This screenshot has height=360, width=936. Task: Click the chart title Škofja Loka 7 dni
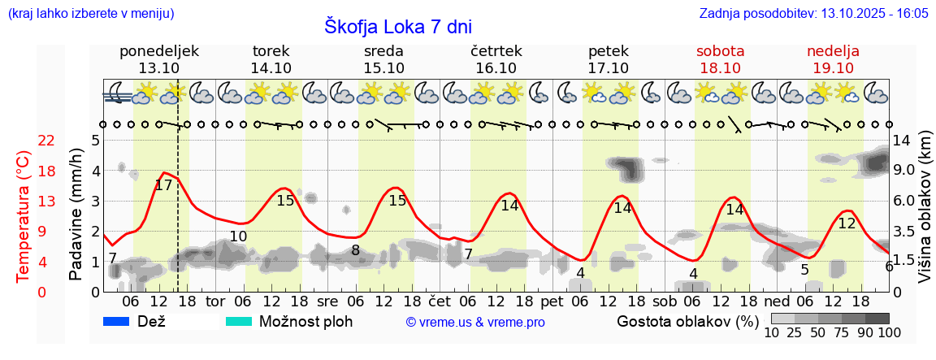click(397, 26)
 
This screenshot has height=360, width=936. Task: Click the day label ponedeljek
click(158, 51)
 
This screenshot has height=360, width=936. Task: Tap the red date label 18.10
click(720, 68)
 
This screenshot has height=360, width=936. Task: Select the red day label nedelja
click(833, 51)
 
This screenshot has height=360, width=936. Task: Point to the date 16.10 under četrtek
click(496, 68)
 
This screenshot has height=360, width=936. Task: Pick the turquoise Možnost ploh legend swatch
click(240, 321)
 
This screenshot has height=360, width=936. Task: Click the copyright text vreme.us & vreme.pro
click(475, 322)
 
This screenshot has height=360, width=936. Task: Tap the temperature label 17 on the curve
click(163, 185)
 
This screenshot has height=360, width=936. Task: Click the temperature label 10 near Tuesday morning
click(238, 236)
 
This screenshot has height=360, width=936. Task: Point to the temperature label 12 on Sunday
click(847, 223)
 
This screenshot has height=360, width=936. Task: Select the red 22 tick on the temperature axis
click(47, 141)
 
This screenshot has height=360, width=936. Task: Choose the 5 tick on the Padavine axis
click(95, 141)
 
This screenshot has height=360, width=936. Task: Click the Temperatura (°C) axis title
click(24, 215)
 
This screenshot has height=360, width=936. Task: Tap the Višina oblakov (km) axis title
click(925, 215)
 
